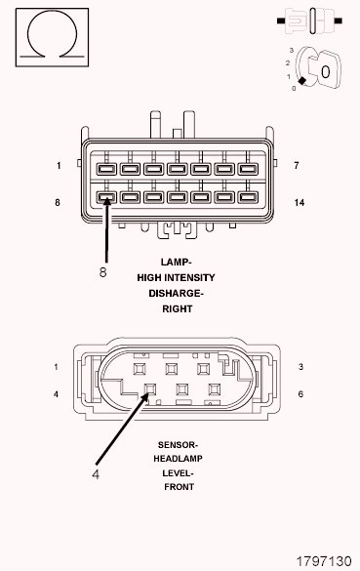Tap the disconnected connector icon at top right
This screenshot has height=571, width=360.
click(309, 21)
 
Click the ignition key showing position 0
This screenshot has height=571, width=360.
click(320, 67)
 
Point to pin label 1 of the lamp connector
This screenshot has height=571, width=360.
click(59, 166)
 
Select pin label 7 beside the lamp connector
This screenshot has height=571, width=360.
click(297, 166)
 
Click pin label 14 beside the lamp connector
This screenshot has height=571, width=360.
click(300, 202)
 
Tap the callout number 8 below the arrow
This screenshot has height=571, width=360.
click(103, 271)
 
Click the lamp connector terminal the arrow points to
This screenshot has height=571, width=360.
click(106, 197)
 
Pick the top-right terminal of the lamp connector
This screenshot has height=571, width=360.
click(248, 169)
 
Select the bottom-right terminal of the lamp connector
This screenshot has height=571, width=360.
click(248, 197)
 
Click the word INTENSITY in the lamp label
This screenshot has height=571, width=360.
click(189, 278)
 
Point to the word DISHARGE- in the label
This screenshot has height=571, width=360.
click(176, 294)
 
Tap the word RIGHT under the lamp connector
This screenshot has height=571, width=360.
click(178, 309)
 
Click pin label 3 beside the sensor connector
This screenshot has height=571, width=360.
click(300, 367)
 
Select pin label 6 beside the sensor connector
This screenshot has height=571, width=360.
click(300, 394)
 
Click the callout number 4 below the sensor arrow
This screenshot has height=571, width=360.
click(96, 474)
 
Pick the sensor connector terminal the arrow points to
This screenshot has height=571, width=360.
click(150, 389)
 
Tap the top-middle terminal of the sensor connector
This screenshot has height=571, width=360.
click(172, 369)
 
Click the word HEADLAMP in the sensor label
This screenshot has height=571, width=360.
click(178, 459)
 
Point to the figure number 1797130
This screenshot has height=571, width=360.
click(324, 561)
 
